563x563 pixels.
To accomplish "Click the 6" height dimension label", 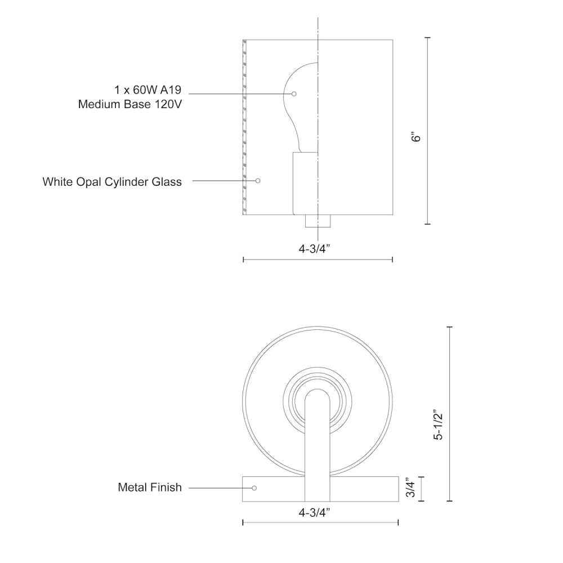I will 416,137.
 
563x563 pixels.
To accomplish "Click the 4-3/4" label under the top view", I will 318,248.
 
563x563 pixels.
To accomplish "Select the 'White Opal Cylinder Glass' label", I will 112,182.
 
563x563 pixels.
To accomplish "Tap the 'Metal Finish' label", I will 150,488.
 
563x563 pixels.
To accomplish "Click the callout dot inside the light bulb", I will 294,93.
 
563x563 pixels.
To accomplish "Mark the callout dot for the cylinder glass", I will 258,181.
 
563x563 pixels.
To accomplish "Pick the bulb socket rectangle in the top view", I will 305,183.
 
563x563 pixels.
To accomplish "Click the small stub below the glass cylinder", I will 318,221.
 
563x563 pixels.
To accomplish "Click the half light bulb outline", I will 302,107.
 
